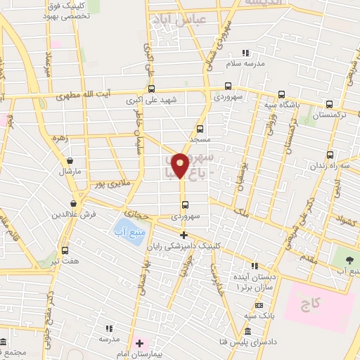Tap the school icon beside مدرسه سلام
click(245, 53)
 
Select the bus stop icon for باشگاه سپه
click(281, 95)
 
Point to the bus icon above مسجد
click(200, 129)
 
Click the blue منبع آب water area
click(127, 228)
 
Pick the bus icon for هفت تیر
click(65, 250)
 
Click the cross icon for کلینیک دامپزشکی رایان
click(184, 235)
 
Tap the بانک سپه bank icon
click(259, 305)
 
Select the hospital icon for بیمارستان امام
click(139, 344)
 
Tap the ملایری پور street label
click(104, 184)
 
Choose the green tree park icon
click(344, 252)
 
